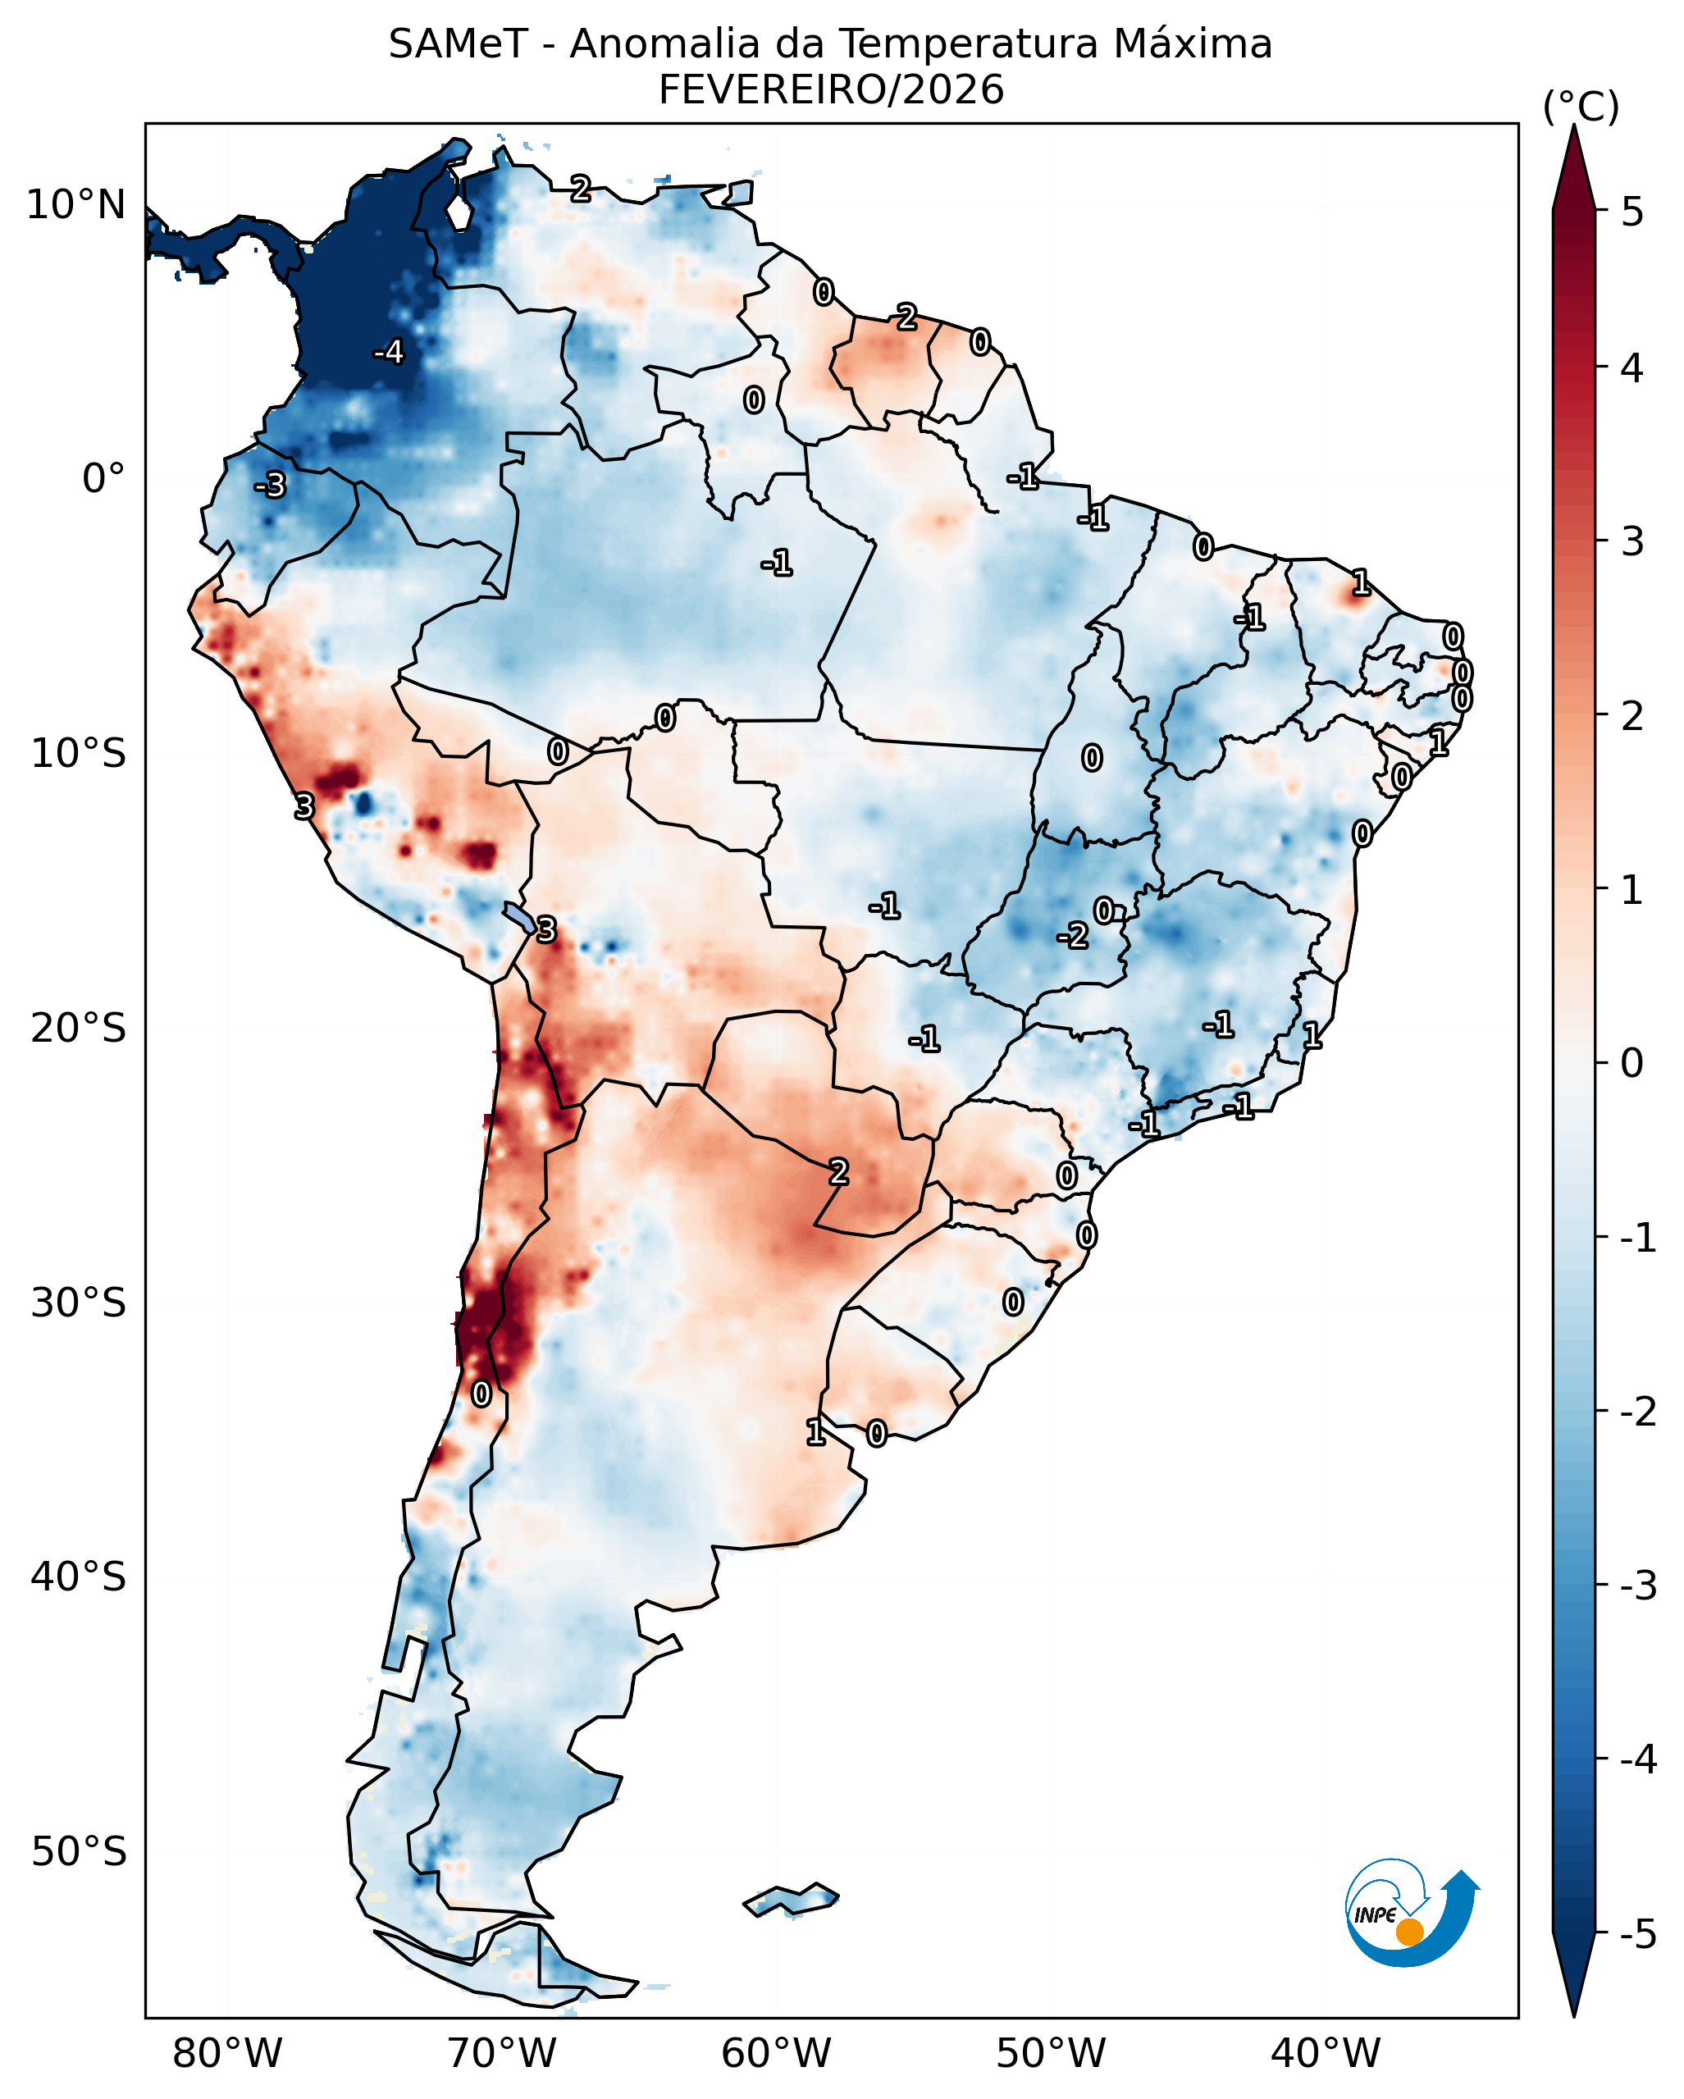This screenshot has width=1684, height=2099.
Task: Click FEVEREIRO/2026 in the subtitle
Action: coord(830,90)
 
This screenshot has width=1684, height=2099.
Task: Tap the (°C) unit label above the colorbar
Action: coord(1581,107)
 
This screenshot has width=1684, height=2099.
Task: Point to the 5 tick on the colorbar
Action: coord(1632,212)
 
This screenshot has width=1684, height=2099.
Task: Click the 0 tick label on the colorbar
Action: coord(1632,1062)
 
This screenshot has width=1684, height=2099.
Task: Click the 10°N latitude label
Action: coord(76,205)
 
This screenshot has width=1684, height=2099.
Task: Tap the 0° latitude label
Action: coord(103,479)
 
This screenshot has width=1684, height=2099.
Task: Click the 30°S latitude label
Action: coord(78,1303)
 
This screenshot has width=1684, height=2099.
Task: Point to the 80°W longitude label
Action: coord(227,2054)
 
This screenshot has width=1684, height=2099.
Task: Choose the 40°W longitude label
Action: coord(1325,2054)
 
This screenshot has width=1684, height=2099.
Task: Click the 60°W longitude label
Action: coord(776,2054)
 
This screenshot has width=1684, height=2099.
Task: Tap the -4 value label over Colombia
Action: coord(388,351)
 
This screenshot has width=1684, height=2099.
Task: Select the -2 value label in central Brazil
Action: coord(1073,937)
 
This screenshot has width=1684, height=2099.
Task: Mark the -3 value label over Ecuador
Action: coord(271,484)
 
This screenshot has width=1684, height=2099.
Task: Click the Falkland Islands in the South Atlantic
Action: coord(791,1900)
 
